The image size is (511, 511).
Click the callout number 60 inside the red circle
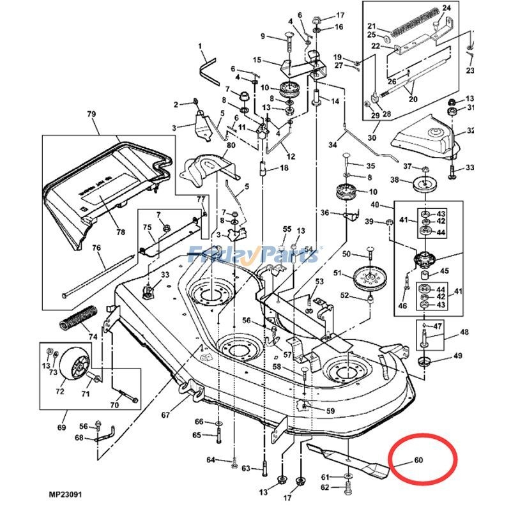pos(419,460)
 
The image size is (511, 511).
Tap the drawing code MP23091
pos(65,494)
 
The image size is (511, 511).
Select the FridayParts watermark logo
pos(256,255)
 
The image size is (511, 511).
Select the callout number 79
pos(91,114)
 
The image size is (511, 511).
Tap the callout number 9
pos(262,36)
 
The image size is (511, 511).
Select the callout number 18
pos(284,168)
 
